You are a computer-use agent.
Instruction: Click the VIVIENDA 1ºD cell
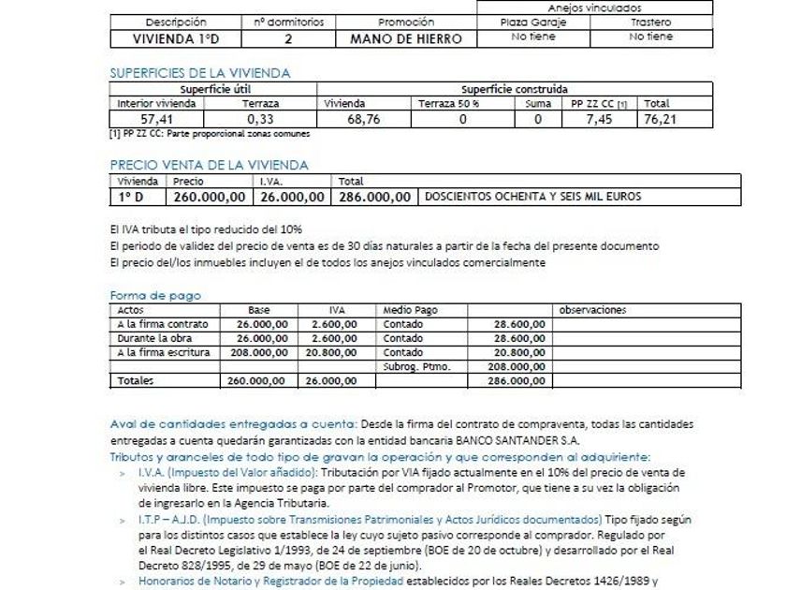(176, 38)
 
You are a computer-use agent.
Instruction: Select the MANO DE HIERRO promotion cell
(406, 38)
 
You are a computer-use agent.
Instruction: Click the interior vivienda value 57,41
(156, 119)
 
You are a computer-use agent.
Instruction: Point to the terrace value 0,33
(260, 119)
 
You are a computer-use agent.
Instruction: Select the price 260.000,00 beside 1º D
(210, 197)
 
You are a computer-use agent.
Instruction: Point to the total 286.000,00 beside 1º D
(374, 197)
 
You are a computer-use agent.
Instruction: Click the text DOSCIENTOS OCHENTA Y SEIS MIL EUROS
(533, 197)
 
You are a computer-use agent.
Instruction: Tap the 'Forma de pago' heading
(155, 296)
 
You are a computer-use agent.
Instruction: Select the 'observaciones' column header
(592, 310)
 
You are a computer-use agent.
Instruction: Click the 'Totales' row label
(136, 381)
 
